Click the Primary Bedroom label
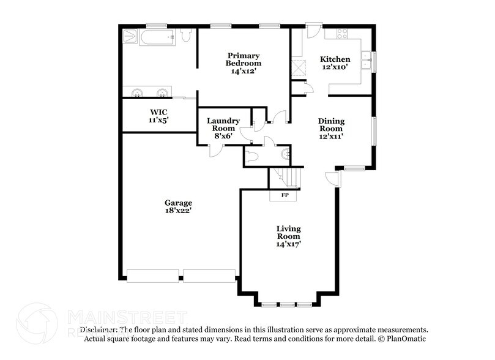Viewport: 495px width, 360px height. click(x=244, y=58)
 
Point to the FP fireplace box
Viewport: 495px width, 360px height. click(x=285, y=195)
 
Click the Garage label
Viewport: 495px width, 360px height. click(x=178, y=203)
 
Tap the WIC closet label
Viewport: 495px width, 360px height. click(x=158, y=112)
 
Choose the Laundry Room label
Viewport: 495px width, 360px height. click(x=223, y=125)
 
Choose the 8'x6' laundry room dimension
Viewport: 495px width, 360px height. click(x=223, y=136)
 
